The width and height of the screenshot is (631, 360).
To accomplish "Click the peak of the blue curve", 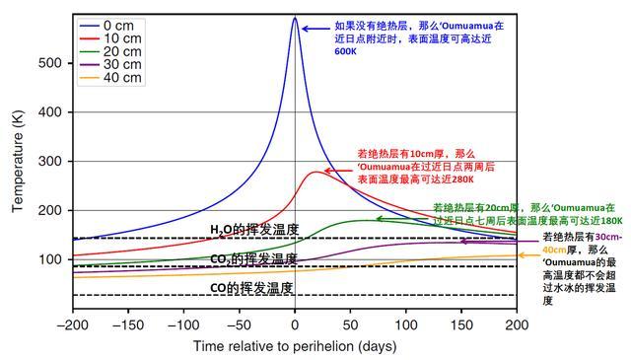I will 295,18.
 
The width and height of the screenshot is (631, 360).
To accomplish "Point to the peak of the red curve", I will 315,172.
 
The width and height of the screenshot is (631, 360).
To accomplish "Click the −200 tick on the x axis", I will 72,324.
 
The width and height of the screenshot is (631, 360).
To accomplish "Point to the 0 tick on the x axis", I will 295,324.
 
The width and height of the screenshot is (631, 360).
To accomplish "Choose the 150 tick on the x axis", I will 460,324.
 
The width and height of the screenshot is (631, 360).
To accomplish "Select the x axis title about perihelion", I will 294,346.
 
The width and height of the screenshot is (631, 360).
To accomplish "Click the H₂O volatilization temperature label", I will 253,230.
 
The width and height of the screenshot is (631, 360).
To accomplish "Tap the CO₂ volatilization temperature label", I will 253,258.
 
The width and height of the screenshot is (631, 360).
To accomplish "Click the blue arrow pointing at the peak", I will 315,29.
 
